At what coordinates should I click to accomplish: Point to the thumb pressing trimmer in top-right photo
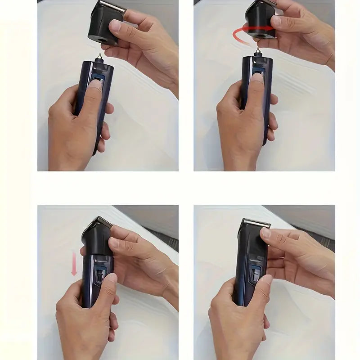pos(256,81)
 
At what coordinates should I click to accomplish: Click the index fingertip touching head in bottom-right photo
pos(267,234)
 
